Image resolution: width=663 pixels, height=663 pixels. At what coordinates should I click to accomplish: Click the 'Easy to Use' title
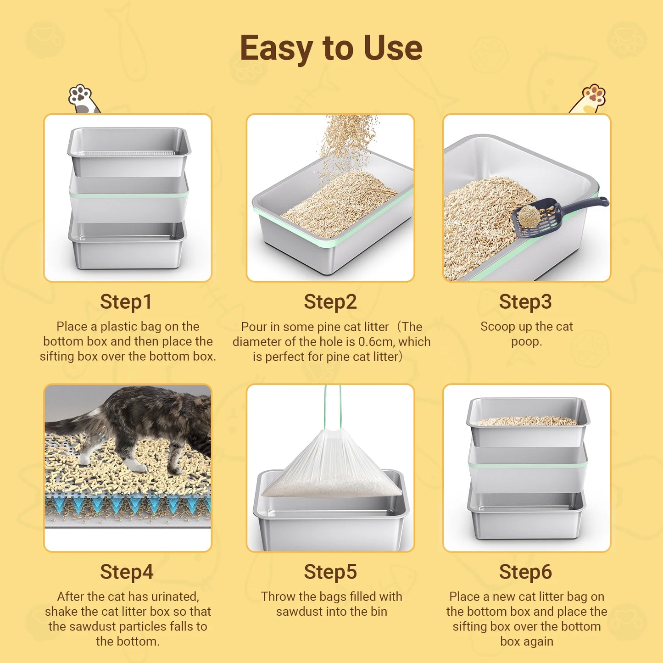tap(331, 48)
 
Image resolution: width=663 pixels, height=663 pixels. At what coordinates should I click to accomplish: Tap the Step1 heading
tap(126, 301)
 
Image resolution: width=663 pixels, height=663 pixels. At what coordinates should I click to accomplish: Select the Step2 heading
tap(330, 301)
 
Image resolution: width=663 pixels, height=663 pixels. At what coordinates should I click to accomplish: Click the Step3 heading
tap(525, 301)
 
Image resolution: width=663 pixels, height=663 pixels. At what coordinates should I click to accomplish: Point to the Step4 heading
tap(127, 572)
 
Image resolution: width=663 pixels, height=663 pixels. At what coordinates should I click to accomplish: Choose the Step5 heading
tap(330, 572)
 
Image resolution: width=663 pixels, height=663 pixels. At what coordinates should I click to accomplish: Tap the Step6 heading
tap(525, 572)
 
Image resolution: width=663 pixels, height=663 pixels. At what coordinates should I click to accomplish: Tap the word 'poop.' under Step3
tap(526, 342)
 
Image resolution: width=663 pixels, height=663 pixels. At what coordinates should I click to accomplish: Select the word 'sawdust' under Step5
tap(299, 612)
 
